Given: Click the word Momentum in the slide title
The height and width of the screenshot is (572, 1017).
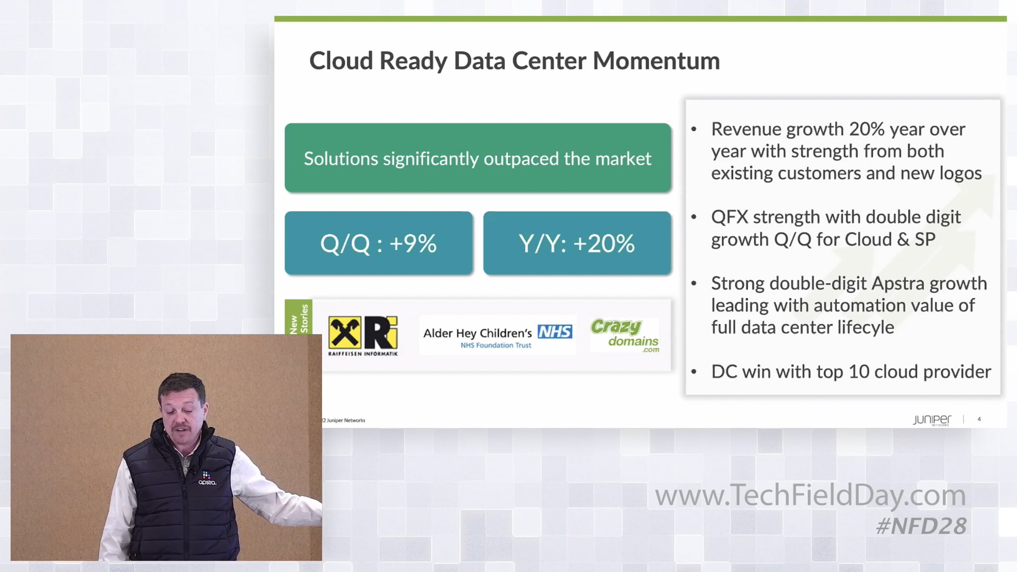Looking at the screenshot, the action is (656, 61).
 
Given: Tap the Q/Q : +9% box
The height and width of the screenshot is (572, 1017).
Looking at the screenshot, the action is (378, 243).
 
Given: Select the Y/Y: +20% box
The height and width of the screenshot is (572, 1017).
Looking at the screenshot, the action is (577, 243).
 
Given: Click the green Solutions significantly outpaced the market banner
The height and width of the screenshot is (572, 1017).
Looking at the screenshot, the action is (478, 158).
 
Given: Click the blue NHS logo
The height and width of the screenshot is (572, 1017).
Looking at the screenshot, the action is (555, 332).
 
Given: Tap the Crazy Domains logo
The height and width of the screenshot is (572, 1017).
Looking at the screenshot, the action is (625, 335).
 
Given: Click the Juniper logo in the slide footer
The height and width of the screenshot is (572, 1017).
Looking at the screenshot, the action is (932, 420).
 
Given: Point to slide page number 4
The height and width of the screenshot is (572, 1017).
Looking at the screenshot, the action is (979, 419).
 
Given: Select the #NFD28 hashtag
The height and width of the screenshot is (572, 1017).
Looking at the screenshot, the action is (921, 526).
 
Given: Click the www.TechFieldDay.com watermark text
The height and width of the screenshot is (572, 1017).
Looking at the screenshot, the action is (810, 495).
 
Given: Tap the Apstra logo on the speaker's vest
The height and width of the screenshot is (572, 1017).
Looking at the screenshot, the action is (207, 478).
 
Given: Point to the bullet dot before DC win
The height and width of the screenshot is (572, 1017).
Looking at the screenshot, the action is (694, 372).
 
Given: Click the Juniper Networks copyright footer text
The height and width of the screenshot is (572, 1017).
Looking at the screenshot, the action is (344, 420).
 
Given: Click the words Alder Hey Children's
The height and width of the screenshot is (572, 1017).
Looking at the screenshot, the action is (478, 333).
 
